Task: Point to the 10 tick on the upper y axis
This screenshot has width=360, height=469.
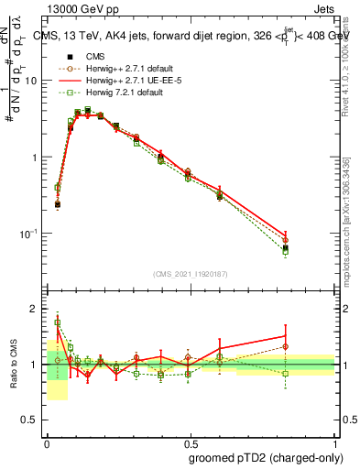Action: click(30, 81)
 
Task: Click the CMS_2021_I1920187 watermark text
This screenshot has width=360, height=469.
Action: click(191, 274)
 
